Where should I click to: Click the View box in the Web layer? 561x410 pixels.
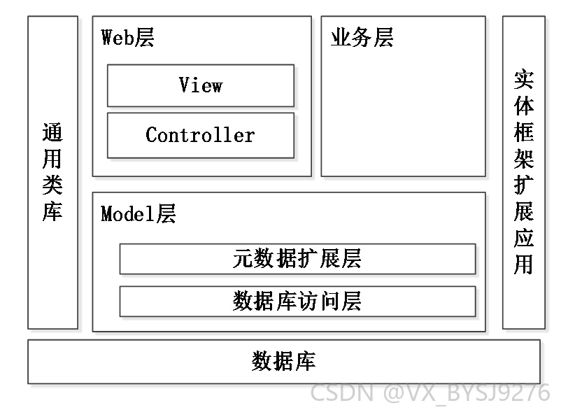pos(201,85)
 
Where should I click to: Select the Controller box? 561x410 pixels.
pos(201,135)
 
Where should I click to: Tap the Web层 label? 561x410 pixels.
pos(128,37)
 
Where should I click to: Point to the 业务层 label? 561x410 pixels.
pos(362,37)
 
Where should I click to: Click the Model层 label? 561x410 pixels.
pos(138,213)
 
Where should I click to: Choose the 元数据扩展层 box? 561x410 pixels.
pos(298,259)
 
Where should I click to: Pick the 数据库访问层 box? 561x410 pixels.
pos(298,302)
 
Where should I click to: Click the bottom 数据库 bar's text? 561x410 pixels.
pos(284,361)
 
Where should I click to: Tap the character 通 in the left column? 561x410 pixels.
pos(52,132)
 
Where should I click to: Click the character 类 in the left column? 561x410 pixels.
pos(52,185)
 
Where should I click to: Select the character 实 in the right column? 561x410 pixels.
pos(524,80)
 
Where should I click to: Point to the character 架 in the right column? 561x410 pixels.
pos(524,159)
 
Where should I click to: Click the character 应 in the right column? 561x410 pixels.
pos(524,238)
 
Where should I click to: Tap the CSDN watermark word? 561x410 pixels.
pos(342,393)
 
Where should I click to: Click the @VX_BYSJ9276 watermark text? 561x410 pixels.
pos(467,393)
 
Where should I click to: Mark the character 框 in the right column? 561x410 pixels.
pos(524,132)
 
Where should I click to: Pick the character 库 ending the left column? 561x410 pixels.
pos(52,212)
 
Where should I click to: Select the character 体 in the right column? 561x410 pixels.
pos(524,106)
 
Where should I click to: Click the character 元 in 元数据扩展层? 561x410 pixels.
pos(243,258)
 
